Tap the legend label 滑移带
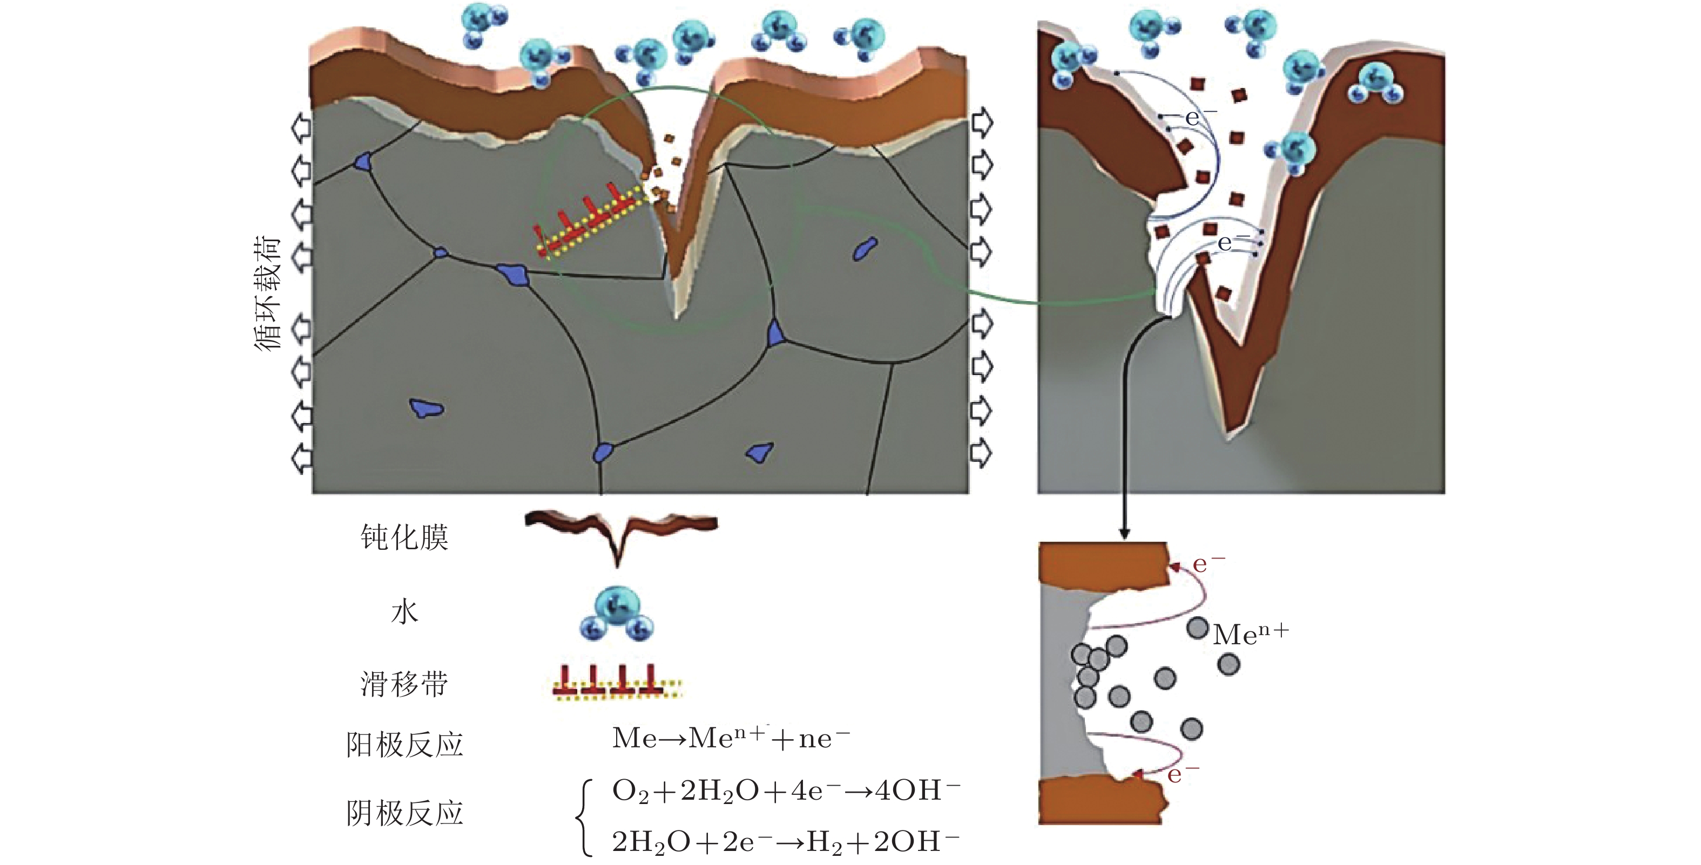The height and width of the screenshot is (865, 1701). click(x=404, y=684)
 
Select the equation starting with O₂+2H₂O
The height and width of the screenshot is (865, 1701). click(x=786, y=791)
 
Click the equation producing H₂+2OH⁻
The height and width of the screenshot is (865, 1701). click(x=786, y=842)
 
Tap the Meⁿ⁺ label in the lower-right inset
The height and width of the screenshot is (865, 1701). click(x=1250, y=635)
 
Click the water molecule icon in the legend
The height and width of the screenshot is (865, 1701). click(x=617, y=614)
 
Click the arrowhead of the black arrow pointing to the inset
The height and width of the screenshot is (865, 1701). click(x=1124, y=533)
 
